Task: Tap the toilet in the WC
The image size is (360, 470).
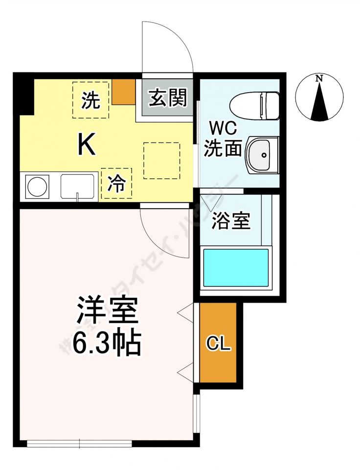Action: click(254, 105)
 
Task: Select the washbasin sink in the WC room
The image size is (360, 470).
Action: click(262, 155)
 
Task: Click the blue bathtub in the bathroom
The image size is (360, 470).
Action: click(236, 268)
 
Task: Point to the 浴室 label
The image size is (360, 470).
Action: click(231, 221)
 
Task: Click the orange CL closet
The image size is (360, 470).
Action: click(218, 344)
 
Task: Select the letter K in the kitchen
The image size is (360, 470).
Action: click(87, 144)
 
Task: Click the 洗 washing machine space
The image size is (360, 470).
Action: click(90, 100)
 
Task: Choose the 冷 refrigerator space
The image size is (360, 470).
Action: click(116, 184)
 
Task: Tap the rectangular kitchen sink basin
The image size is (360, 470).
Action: click(79, 186)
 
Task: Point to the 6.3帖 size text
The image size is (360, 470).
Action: click(107, 343)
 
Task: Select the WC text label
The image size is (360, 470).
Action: click(223, 129)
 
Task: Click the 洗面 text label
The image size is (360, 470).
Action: click(223, 148)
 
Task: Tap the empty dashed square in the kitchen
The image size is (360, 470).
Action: click(161, 160)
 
